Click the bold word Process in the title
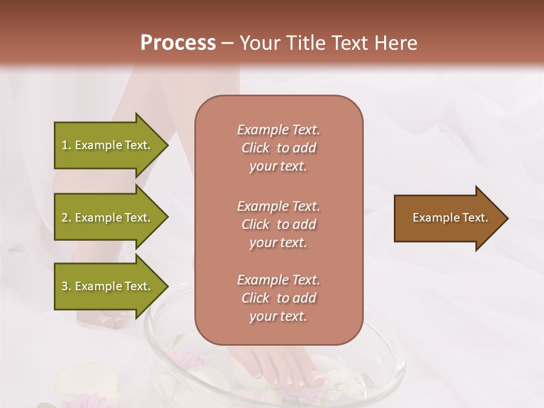[178, 43]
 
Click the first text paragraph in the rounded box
[278, 148]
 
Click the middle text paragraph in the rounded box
[278, 224]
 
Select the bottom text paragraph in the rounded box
[278, 298]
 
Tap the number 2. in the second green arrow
[66, 218]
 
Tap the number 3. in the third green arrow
[66, 286]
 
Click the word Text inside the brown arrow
[476, 218]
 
